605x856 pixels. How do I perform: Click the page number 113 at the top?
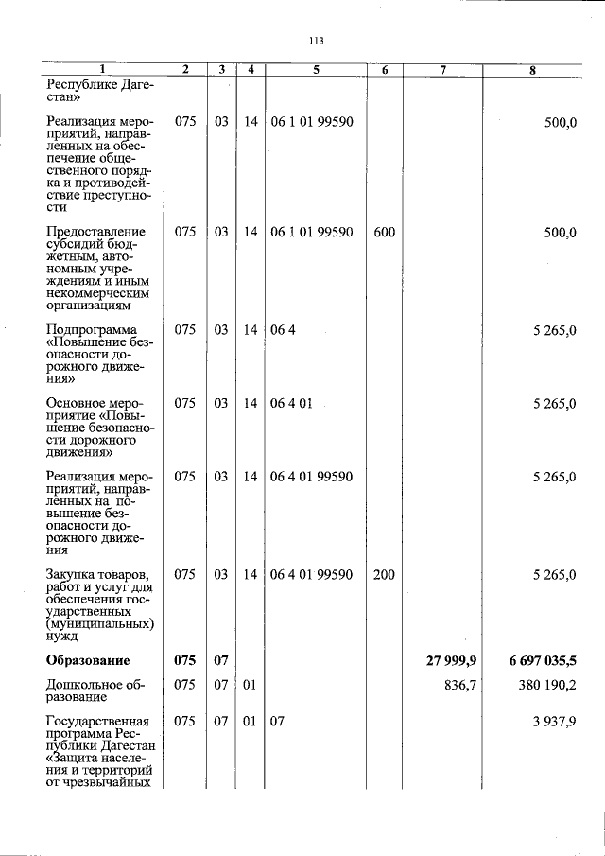pyautogui.click(x=316, y=41)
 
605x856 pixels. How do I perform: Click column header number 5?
pyautogui.click(x=317, y=69)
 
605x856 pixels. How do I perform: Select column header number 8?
pyautogui.click(x=533, y=69)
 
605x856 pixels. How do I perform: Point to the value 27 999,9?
pyautogui.click(x=451, y=659)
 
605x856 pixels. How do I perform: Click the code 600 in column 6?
pyautogui.click(x=384, y=233)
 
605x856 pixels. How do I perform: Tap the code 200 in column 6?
pyautogui.click(x=384, y=574)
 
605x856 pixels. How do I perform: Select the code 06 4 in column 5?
pyautogui.click(x=283, y=330)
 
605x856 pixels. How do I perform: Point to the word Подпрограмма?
pyautogui.click(x=91, y=330)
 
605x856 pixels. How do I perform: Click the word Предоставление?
pyautogui.click(x=95, y=233)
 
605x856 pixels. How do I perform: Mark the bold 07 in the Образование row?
pyautogui.click(x=220, y=659)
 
